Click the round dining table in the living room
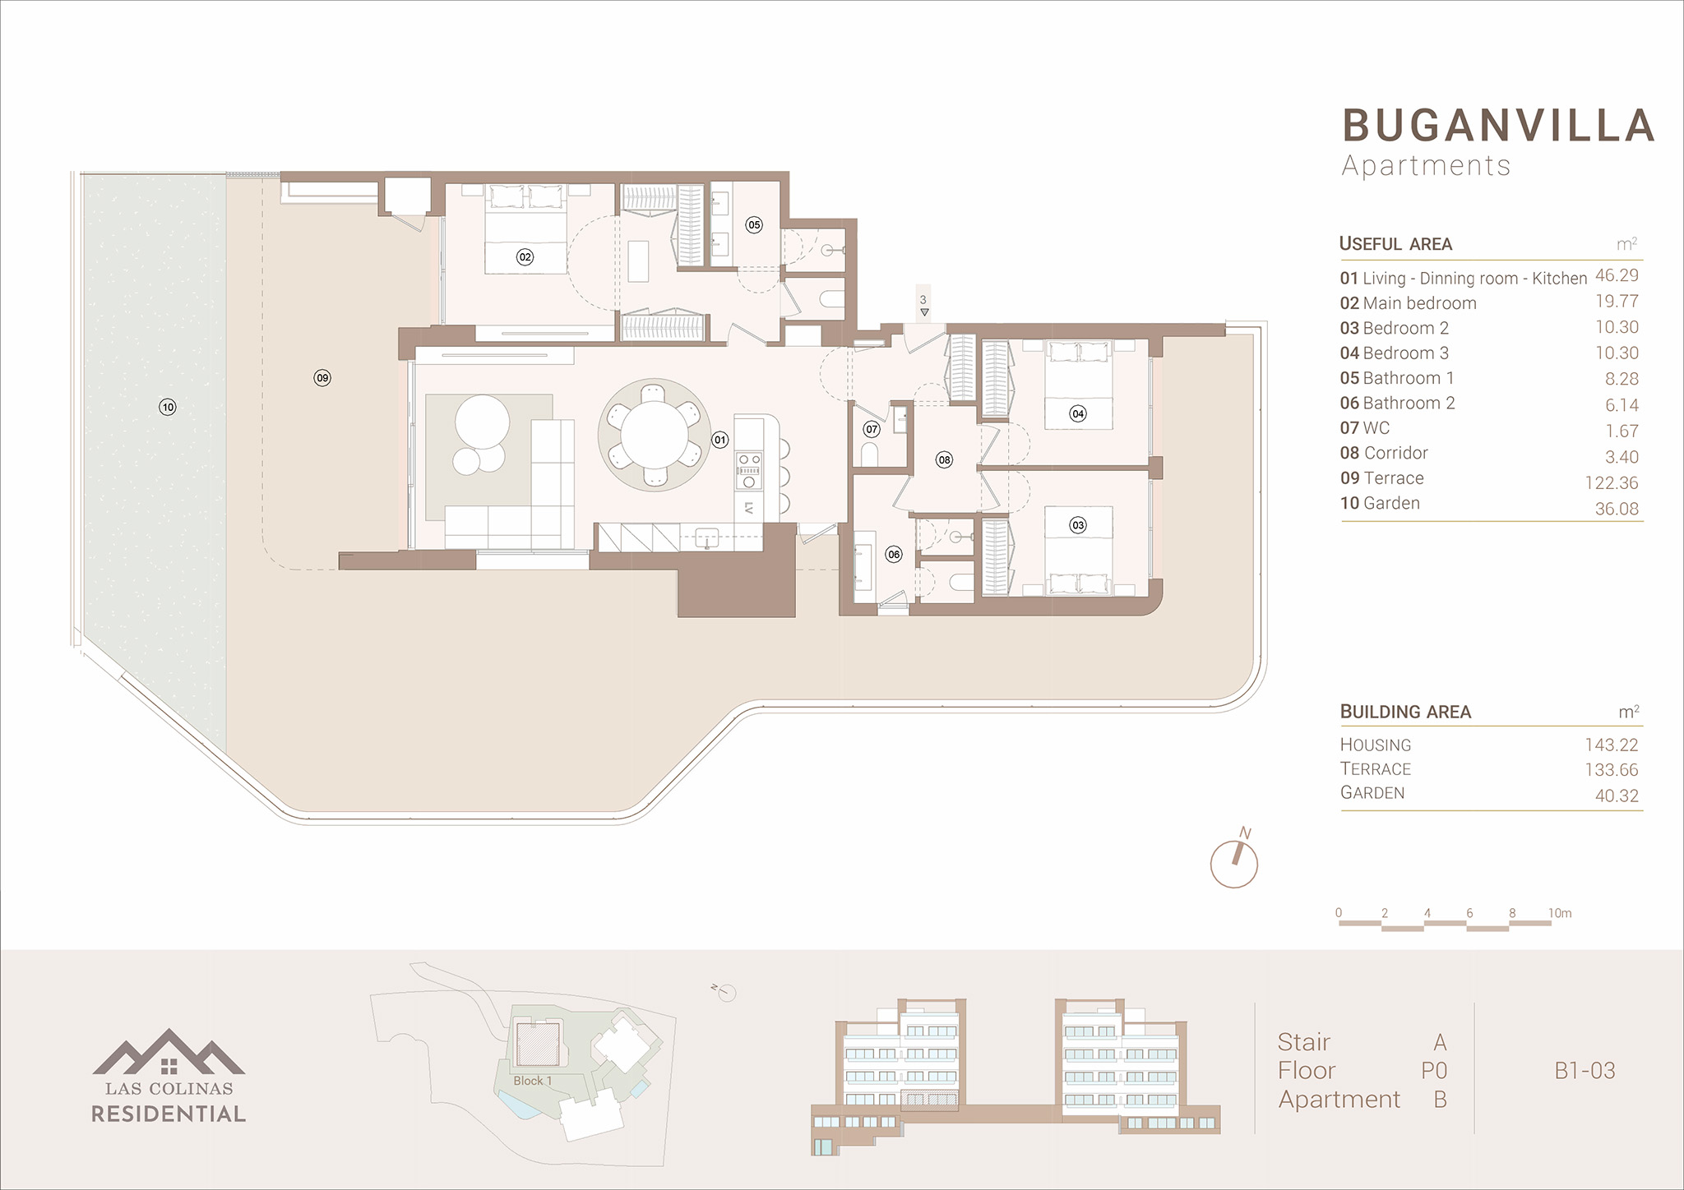coord(654,434)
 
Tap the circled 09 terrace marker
coord(322,378)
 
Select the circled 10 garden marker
coord(168,407)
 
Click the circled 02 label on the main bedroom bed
coord(525,257)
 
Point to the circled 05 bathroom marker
coord(754,224)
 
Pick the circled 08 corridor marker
coord(944,460)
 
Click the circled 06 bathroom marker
coord(894,555)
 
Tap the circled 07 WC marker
coord(872,429)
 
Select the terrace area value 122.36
coord(1612,483)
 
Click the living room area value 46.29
coord(1617,275)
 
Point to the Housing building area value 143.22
coord(1612,745)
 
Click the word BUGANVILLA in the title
coord(1498,126)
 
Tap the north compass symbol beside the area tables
coord(1234,862)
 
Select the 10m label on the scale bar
coord(1560,913)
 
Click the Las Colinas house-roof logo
coord(169,1052)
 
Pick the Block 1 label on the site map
coord(533,1081)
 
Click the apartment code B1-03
coord(1585,1071)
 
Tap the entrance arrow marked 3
coord(924,312)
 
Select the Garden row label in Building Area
coord(1372,793)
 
